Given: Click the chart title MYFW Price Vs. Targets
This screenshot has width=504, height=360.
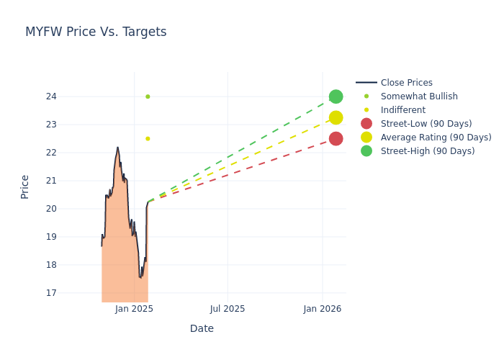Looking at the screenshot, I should pyautogui.click(x=96, y=32).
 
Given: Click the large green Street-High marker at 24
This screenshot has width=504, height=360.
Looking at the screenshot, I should pyautogui.click(x=336, y=96).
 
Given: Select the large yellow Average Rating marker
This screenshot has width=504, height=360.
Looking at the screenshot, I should pyautogui.click(x=336, y=117).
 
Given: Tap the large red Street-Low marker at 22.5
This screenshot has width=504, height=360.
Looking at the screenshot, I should pyautogui.click(x=336, y=138).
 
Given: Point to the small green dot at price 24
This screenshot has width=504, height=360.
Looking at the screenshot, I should pyautogui.click(x=148, y=96).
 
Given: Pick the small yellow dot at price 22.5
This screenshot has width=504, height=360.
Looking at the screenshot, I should pyautogui.click(x=148, y=138).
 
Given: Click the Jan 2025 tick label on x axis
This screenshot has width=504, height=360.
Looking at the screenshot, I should pyautogui.click(x=134, y=309).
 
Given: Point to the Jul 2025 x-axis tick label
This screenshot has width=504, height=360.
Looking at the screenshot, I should pyautogui.click(x=228, y=309).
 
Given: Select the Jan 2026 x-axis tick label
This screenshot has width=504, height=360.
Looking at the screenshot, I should pyautogui.click(x=322, y=309).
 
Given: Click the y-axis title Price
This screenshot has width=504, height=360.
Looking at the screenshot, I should pyautogui.click(x=25, y=186).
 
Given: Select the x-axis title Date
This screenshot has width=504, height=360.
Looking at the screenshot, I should pyautogui.click(x=202, y=329).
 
